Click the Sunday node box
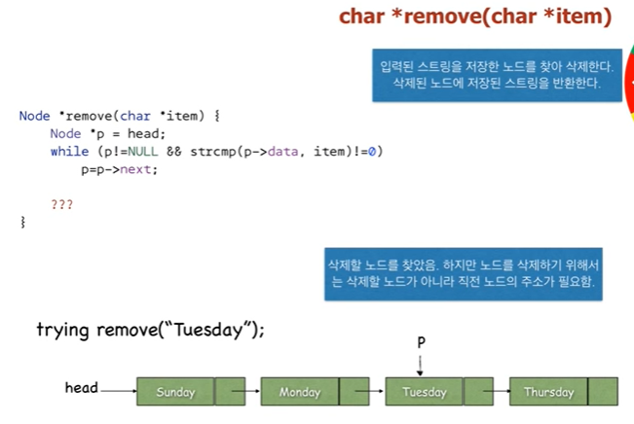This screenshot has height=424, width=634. click(175, 392)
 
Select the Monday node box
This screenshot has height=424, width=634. click(300, 392)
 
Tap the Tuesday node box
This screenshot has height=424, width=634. click(424, 392)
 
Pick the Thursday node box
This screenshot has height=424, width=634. click(548, 392)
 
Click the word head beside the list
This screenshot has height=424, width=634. click(82, 388)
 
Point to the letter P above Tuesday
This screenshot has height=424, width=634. click(421, 343)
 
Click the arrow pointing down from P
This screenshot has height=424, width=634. click(421, 364)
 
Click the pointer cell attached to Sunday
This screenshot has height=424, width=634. click(230, 392)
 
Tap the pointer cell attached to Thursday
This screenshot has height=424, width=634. click(603, 392)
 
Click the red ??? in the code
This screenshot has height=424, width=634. click(61, 205)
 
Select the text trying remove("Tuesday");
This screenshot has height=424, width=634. click(150, 330)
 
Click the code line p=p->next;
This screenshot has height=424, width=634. click(119, 169)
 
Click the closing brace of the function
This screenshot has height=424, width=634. click(22, 223)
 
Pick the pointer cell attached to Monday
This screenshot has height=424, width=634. click(354, 392)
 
